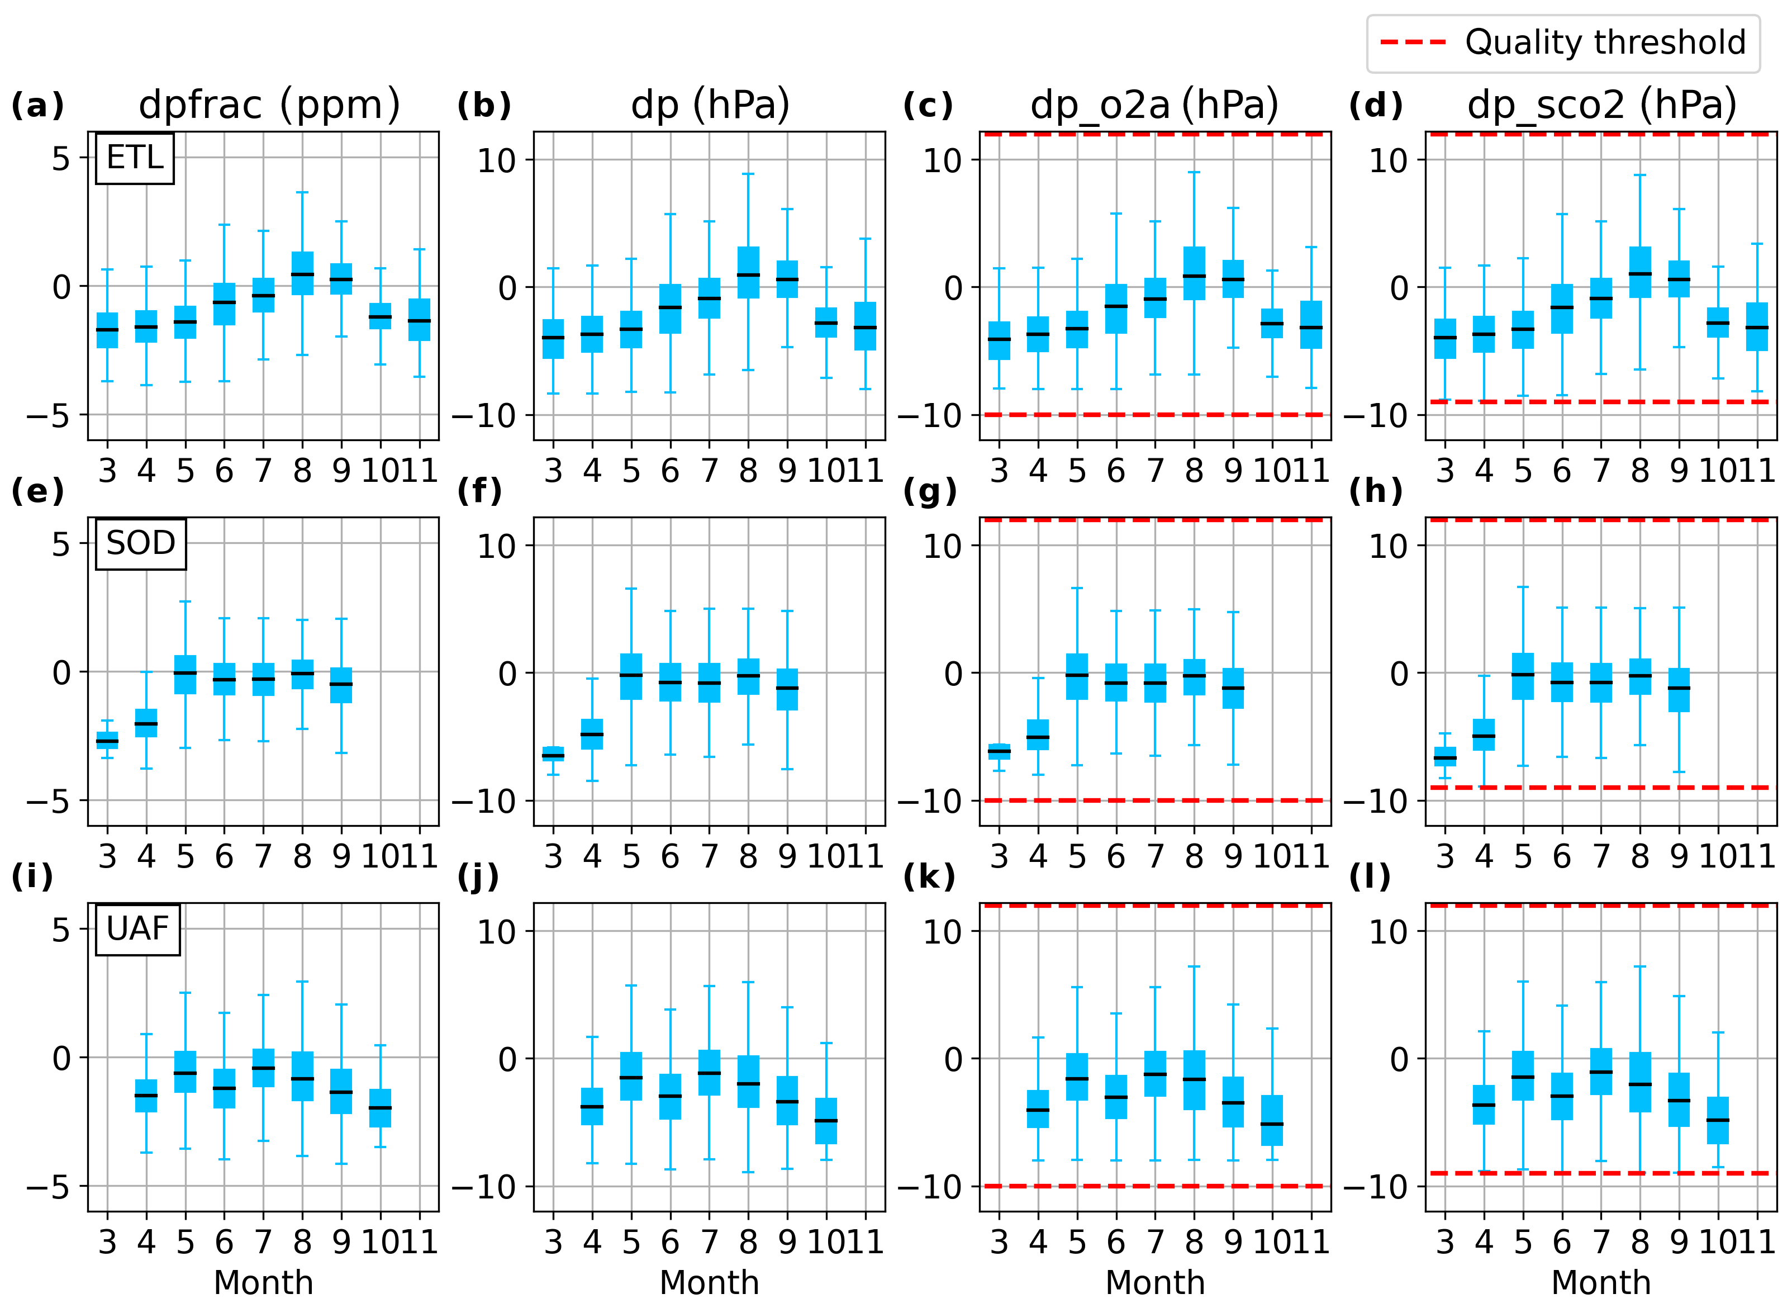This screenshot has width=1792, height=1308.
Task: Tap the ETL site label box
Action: coord(135,158)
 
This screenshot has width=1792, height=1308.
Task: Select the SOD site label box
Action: coord(141,543)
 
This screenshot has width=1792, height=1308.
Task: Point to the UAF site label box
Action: coord(137,929)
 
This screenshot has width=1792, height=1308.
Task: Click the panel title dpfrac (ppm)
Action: coord(269,105)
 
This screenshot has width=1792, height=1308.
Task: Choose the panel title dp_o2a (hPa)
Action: coord(1155,105)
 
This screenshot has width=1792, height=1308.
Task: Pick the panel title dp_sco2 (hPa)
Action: coord(1602,105)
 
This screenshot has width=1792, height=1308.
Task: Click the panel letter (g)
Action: coord(929,492)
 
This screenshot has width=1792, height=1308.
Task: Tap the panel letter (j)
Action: coord(478,877)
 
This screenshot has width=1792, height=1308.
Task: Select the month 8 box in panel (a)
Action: coord(302,273)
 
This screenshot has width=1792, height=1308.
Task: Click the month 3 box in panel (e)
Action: coord(107,740)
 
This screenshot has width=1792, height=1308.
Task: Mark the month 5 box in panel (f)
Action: coord(631,676)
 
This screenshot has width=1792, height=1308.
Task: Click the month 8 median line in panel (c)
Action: coord(1194,276)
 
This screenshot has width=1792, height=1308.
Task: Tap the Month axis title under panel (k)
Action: coord(1155,1283)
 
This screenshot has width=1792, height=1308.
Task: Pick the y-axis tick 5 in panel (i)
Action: coord(61,930)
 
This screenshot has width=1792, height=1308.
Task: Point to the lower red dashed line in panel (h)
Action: coord(1602,788)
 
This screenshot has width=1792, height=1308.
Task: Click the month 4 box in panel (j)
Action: coord(592,1106)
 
